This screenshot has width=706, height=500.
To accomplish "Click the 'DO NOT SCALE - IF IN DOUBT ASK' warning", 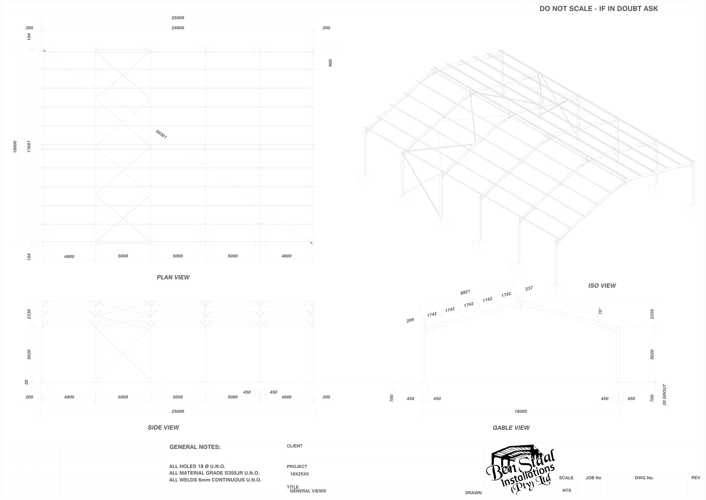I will tap(598, 9).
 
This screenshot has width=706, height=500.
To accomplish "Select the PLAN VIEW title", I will tap(173, 277).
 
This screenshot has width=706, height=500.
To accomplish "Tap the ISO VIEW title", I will tap(602, 286).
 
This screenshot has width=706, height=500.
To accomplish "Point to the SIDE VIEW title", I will tap(163, 428).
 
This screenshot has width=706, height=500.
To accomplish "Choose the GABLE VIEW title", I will tap(511, 428).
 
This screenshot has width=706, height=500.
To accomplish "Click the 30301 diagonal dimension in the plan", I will tap(161, 134).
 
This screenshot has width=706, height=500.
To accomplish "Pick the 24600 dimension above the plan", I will tap(178, 28).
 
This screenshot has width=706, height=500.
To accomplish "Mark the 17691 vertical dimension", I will tap(29, 147).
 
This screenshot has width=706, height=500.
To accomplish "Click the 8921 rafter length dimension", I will tap(465, 292).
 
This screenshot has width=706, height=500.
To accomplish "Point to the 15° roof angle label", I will tap(600, 311).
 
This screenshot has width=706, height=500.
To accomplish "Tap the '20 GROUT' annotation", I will tap(664, 395).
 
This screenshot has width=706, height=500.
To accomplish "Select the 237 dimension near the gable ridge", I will tap(529, 289).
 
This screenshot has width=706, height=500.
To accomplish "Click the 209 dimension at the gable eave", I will tap(410, 321).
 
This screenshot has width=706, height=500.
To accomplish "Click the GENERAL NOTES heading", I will tap(195, 447).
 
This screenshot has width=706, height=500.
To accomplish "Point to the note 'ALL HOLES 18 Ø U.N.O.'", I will tap(197, 466).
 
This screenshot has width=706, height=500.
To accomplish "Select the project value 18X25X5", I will tap(299, 474).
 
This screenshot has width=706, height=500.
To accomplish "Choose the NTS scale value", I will tap(567, 490).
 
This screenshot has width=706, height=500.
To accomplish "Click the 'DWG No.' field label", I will tap(644, 478).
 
